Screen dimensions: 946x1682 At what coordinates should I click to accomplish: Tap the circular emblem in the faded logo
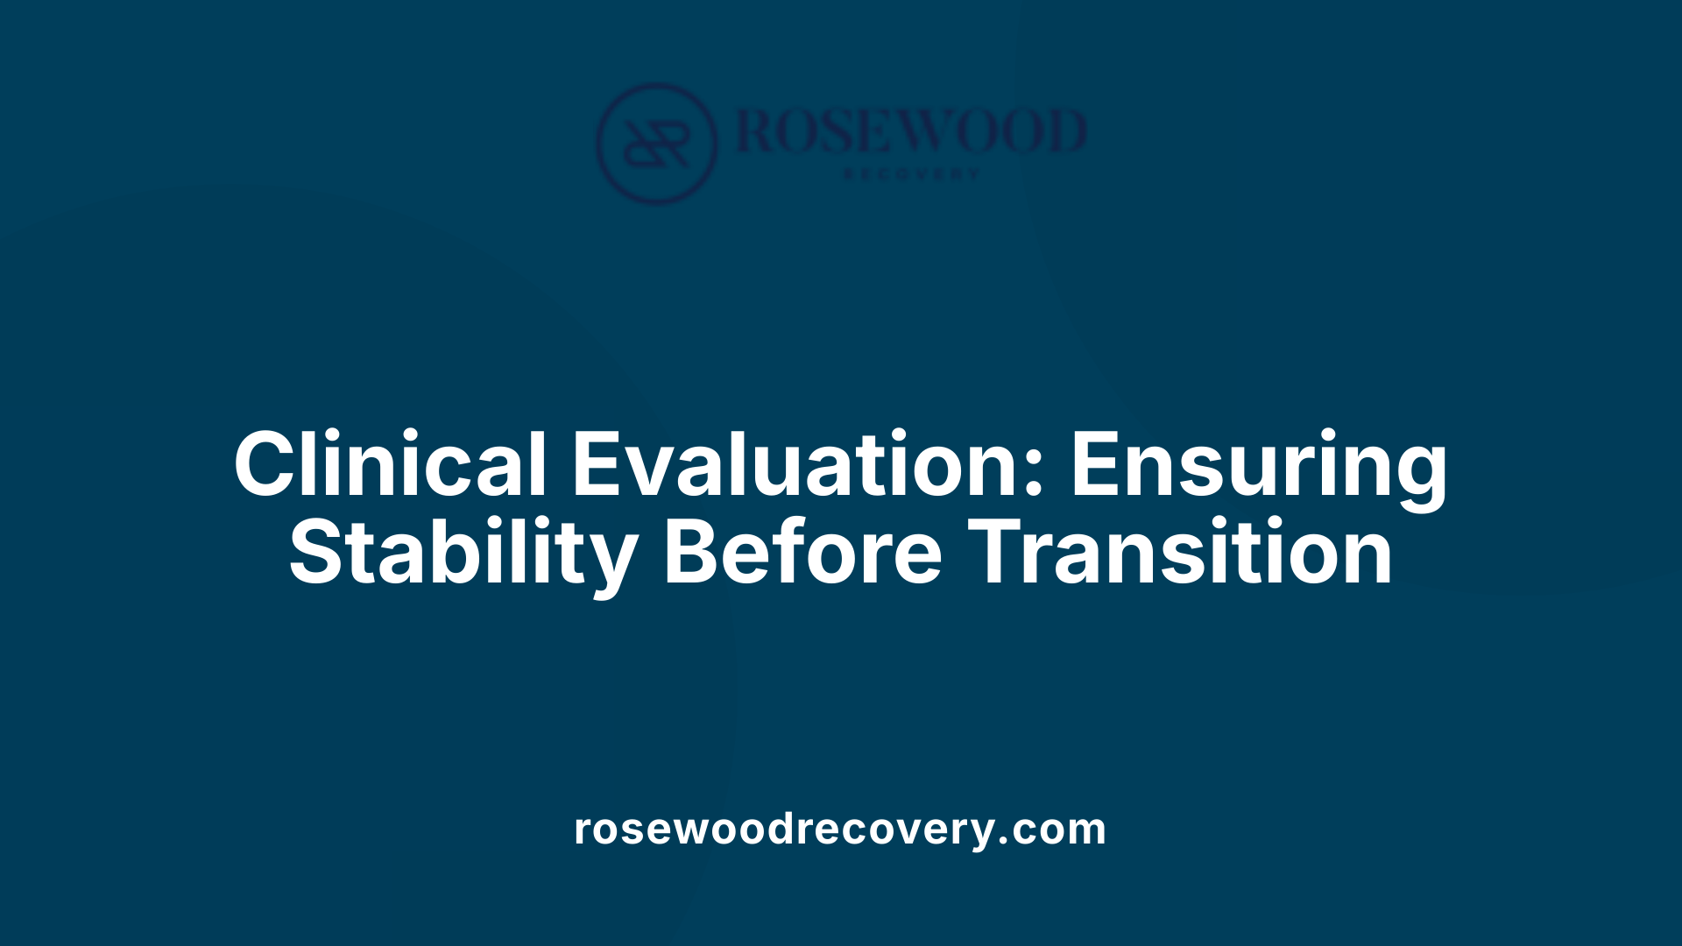pos(656,143)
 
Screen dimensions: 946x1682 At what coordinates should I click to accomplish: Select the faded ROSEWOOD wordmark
pos(911,131)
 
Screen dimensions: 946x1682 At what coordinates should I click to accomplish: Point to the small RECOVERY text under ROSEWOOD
pos(911,174)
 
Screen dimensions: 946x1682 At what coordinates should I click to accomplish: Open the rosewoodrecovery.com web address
pos(840,829)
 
